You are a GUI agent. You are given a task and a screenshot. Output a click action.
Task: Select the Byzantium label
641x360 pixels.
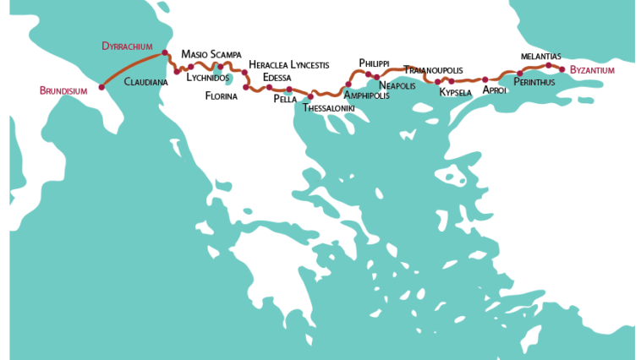click(592, 70)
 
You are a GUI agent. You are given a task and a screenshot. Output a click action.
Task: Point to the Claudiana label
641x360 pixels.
click(145, 82)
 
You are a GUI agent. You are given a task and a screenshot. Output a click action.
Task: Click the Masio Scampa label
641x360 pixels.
click(211, 55)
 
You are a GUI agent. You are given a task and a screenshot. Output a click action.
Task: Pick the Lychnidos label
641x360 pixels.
click(207, 78)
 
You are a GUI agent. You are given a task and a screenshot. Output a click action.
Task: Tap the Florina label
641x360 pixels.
click(222, 95)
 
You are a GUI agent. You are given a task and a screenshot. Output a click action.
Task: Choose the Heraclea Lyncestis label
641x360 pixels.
click(288, 64)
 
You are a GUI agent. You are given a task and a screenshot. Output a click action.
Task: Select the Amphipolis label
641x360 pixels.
click(366, 95)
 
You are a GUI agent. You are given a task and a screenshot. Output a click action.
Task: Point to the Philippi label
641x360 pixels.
click(374, 63)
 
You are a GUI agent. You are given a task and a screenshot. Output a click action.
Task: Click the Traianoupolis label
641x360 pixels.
click(433, 69)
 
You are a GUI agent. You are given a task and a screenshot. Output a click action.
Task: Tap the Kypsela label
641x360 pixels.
click(455, 92)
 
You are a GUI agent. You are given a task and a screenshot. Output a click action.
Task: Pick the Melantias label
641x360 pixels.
click(541, 56)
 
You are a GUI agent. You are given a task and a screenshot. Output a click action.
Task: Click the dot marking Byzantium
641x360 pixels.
click(562, 69)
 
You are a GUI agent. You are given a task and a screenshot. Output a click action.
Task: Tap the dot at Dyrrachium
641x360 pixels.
click(165, 53)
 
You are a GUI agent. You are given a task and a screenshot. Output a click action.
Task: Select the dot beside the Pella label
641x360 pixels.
click(289, 90)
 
